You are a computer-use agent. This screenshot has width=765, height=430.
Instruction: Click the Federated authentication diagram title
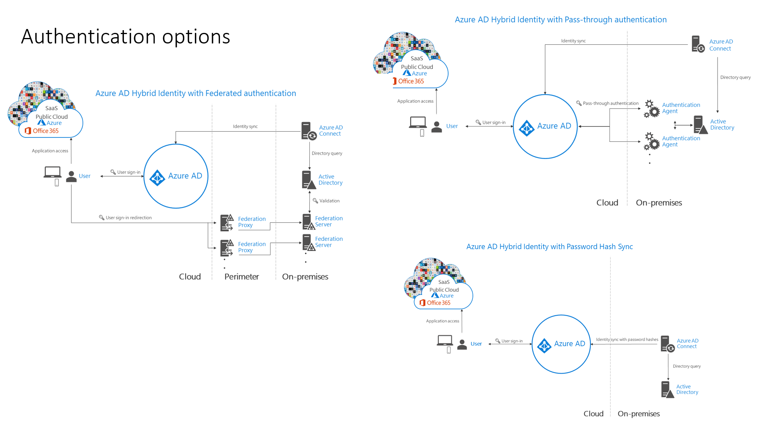pos(196,93)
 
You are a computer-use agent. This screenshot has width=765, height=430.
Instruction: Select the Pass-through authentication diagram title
pos(560,20)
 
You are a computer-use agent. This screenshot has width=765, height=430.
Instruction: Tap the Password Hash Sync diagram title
pos(549,247)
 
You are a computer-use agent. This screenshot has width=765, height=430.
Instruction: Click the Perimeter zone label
pos(242,276)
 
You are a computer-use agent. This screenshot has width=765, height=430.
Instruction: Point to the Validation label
pos(329,201)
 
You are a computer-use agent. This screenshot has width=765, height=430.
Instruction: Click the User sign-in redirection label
pos(128,218)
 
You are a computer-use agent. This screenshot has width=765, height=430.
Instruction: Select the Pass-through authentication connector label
pos(610,103)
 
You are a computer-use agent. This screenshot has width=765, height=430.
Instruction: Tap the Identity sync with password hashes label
pos(627,340)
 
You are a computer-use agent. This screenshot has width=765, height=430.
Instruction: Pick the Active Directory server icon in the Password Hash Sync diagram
pos(667,389)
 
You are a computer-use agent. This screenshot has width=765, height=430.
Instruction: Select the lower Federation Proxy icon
pos(227,248)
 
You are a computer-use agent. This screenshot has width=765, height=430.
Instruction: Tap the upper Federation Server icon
pos(308,222)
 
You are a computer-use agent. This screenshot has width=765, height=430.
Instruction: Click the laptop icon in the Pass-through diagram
pos(418,122)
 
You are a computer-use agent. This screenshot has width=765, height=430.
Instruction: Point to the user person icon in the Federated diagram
pos(71,177)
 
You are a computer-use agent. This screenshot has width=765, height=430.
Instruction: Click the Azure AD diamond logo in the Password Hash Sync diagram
pos(544,345)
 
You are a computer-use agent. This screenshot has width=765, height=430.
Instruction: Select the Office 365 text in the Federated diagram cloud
pos(45,131)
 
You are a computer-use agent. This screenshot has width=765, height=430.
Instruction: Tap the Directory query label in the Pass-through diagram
pos(735,78)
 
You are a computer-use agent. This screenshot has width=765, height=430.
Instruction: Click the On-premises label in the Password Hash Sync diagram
pos(638,414)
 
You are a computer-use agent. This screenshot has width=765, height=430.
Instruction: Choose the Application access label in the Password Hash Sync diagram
pos(442,321)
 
